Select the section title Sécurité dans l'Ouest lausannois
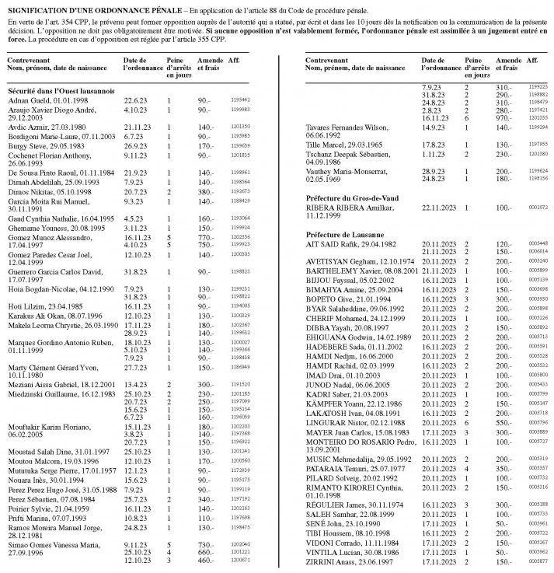point(56,91)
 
